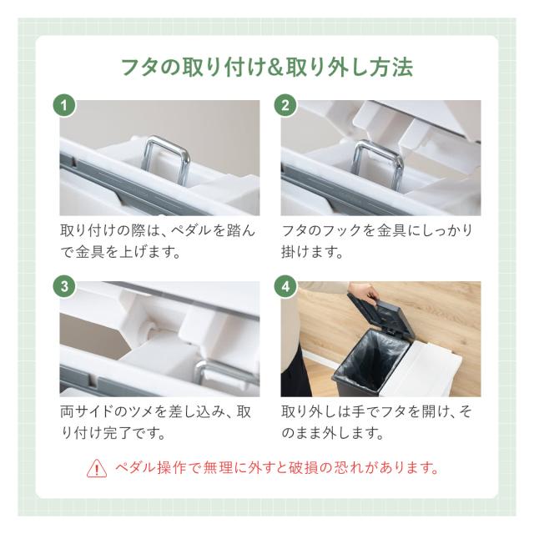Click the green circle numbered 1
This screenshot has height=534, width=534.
64,105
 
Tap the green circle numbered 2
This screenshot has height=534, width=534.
285,105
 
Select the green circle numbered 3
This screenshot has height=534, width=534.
64,286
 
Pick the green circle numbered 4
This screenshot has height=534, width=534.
285,286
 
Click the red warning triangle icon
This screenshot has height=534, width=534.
97,468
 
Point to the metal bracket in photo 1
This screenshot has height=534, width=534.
165,159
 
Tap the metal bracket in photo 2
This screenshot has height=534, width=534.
378,164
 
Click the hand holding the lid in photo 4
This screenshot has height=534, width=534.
365,293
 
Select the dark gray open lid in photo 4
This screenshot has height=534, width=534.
378,314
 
